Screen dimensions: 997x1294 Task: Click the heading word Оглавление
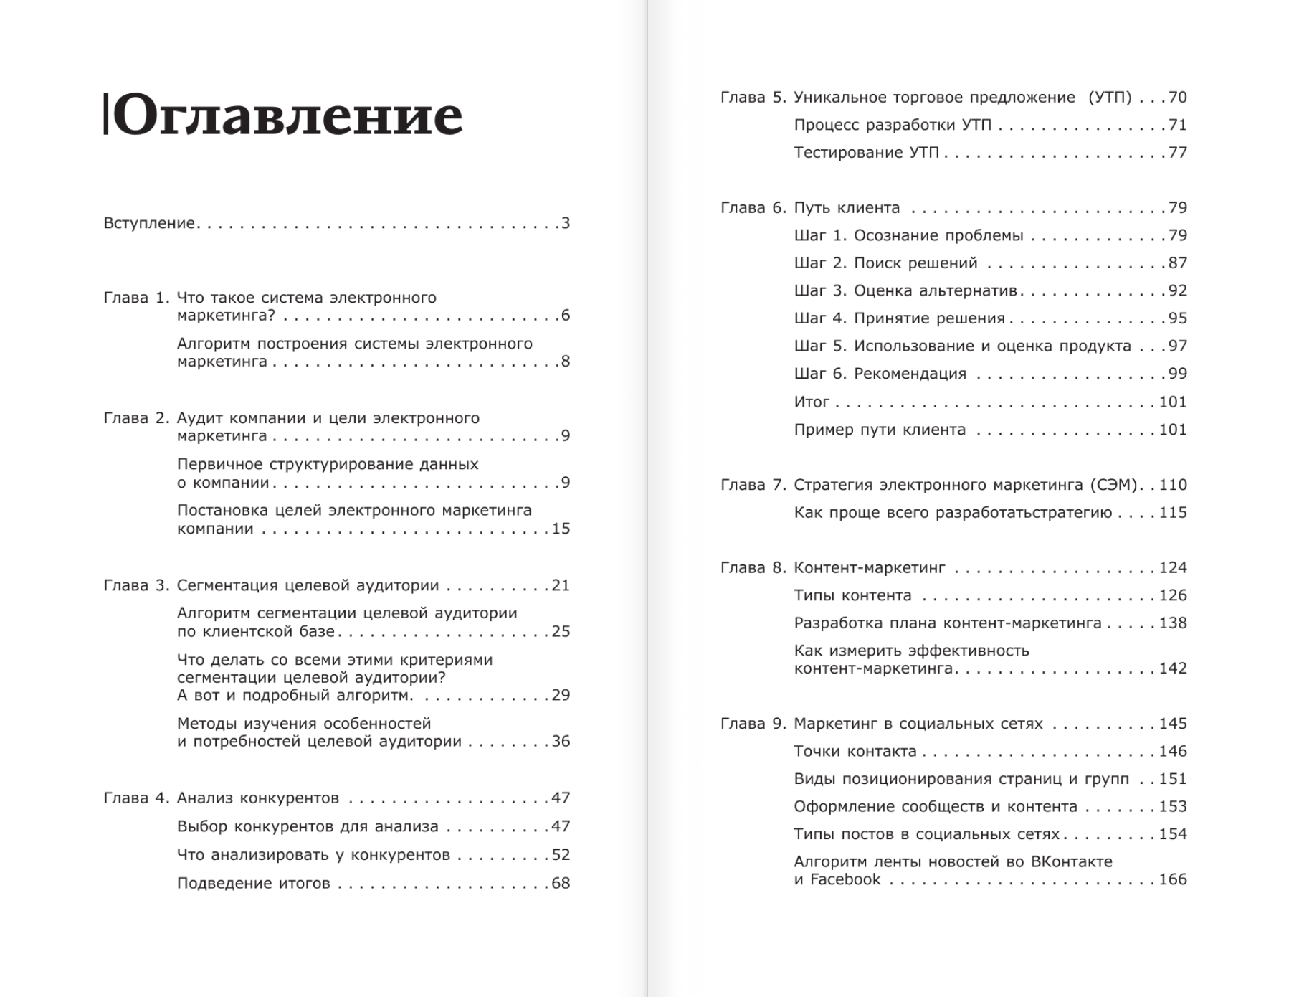(x=287, y=115)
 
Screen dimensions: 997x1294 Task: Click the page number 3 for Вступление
(x=566, y=223)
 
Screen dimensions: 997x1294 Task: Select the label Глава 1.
(x=136, y=298)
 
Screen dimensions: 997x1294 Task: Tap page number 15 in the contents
(x=561, y=529)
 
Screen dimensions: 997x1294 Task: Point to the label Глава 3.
(x=136, y=585)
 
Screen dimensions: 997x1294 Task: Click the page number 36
(x=561, y=741)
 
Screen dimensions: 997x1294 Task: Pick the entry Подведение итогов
(x=254, y=883)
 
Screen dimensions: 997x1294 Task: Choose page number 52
(x=561, y=855)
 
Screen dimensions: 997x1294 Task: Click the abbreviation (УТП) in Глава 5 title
(x=1110, y=98)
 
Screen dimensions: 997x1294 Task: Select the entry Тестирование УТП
(x=866, y=153)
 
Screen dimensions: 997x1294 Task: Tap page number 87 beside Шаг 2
(x=1178, y=263)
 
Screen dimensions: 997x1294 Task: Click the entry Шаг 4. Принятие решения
(x=899, y=318)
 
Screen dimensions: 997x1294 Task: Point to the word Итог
(x=812, y=402)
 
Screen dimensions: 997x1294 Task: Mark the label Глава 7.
(x=753, y=485)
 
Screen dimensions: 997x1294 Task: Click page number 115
(x=1173, y=513)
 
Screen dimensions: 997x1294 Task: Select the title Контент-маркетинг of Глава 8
(x=870, y=568)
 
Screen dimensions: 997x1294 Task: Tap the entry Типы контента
(x=852, y=595)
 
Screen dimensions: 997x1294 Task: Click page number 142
(x=1173, y=668)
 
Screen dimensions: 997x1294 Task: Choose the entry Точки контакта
(x=855, y=751)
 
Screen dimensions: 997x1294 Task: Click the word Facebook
(x=845, y=879)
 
